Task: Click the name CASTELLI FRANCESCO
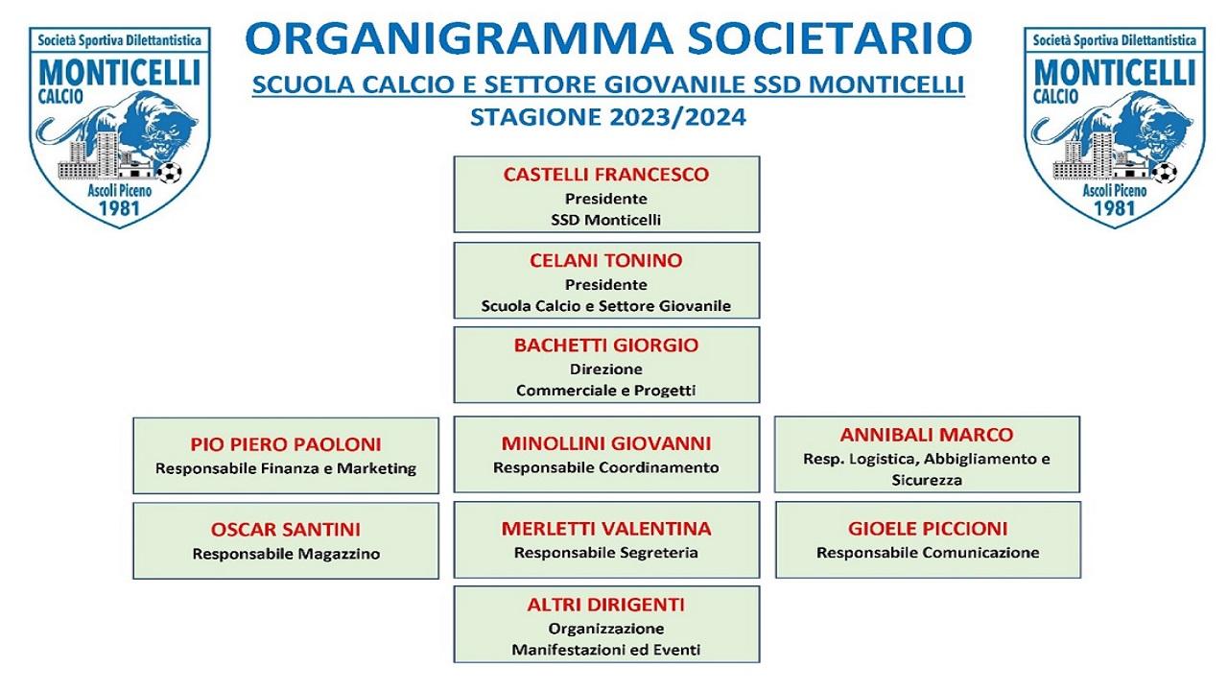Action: [605, 175]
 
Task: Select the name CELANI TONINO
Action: [605, 260]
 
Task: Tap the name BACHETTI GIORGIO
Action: [605, 345]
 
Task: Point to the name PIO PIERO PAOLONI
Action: [286, 444]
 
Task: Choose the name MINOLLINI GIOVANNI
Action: [605, 443]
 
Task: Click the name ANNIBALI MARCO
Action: [927, 435]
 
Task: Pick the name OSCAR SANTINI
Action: [286, 530]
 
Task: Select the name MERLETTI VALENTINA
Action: [605, 529]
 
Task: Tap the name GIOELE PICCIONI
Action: [928, 529]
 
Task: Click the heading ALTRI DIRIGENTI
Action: [605, 605]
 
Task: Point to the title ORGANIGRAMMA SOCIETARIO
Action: [608, 38]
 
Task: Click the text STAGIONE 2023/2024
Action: [608, 117]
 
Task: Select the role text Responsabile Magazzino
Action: [286, 554]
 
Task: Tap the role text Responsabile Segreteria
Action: [605, 553]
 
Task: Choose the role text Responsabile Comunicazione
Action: [928, 553]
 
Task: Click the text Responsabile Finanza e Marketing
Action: [286, 469]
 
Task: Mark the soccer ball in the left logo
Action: [170, 172]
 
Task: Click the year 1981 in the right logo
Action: [1114, 208]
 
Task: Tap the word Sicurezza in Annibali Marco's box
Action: [927, 481]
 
